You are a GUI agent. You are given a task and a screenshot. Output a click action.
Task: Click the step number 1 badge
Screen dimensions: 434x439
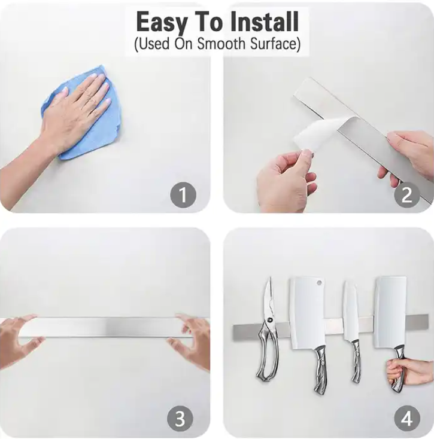(183, 195)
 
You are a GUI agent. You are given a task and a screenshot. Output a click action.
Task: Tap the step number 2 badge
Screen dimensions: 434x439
(407, 195)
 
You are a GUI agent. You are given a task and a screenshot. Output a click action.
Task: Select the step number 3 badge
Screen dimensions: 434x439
(180, 419)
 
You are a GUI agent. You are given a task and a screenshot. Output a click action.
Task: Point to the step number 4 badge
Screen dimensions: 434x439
(407, 419)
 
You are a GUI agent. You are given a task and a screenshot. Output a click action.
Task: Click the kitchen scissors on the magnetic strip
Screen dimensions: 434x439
(268, 330)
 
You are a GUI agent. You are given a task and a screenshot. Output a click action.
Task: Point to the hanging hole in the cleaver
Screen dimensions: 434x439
(319, 283)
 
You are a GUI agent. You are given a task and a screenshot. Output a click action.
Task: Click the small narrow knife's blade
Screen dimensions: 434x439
(351, 311)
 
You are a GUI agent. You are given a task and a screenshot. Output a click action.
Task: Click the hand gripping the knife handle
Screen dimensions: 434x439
(409, 373)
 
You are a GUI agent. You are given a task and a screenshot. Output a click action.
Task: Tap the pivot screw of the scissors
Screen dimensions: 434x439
(269, 320)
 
